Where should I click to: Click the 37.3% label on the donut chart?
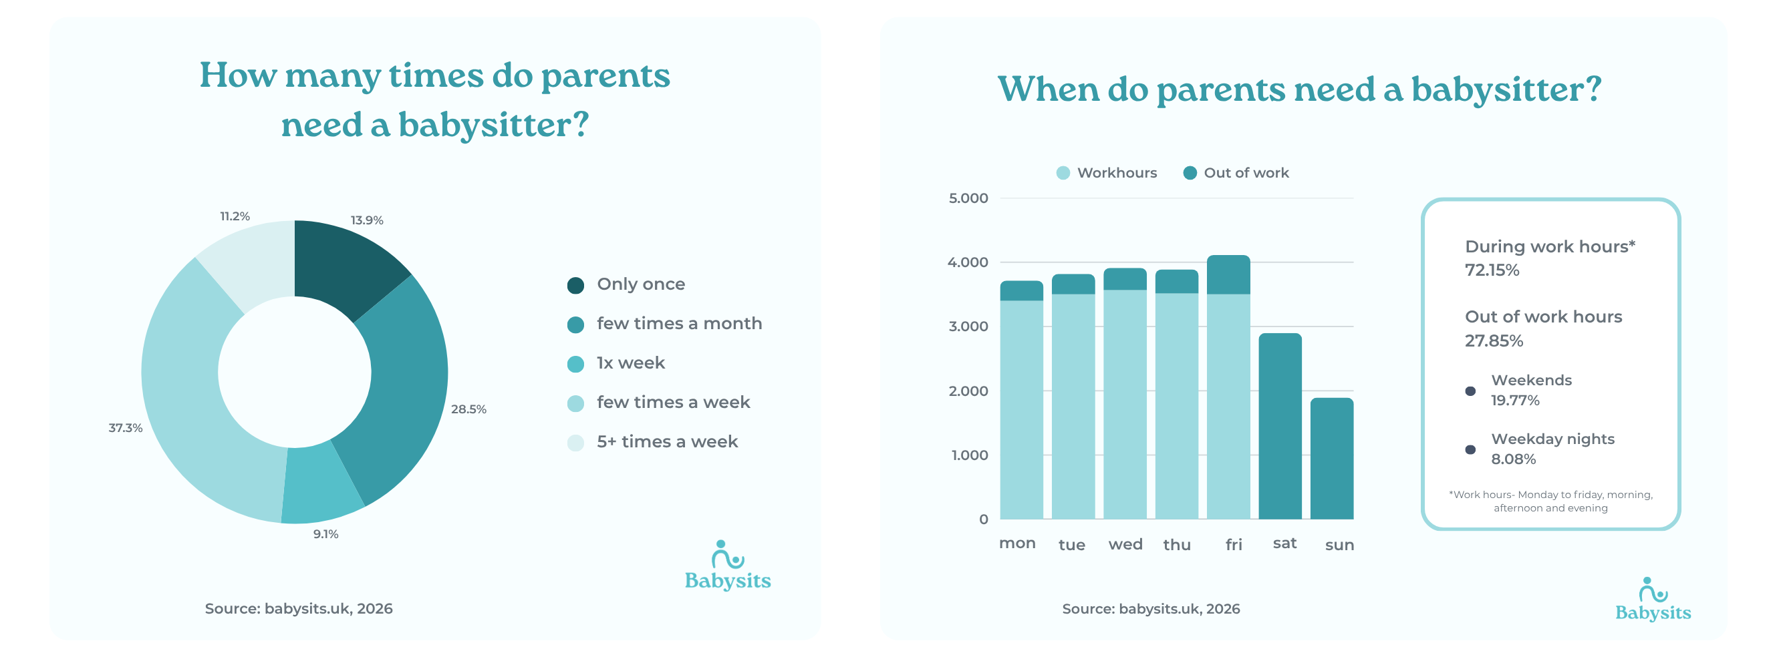tap(125, 427)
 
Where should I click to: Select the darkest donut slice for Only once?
tap(345, 266)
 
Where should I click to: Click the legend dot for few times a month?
tap(575, 324)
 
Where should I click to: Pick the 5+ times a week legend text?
tap(666, 441)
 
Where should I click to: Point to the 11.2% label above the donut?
tap(235, 216)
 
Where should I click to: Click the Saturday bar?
tap(1280, 427)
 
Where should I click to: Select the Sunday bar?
tap(1331, 459)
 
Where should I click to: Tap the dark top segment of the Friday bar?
tap(1228, 274)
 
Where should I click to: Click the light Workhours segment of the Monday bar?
tap(1021, 410)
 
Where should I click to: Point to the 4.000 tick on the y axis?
tap(968, 262)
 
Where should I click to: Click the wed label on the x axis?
tap(1125, 544)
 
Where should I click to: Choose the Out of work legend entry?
tap(1245, 173)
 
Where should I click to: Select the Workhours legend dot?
tap(1063, 173)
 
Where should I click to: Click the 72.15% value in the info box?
tap(1492, 270)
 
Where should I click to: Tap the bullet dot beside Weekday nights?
tap(1470, 449)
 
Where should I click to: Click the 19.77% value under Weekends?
tap(1515, 401)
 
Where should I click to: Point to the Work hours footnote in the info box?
tap(1550, 501)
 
